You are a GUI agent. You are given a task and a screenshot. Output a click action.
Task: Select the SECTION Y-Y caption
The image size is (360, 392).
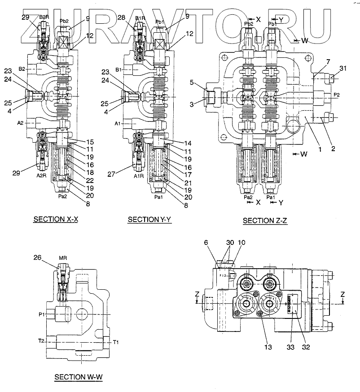point(149,220)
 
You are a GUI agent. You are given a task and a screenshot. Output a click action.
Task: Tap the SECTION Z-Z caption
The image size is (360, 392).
point(265,221)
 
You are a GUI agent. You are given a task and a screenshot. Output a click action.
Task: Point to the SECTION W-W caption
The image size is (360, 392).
point(79,377)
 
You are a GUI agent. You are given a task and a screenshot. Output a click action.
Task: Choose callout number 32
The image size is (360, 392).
point(306,346)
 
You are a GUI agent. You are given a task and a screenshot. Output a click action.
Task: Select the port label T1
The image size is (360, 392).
point(115,342)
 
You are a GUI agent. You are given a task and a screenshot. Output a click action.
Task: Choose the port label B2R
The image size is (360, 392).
point(44,17)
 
